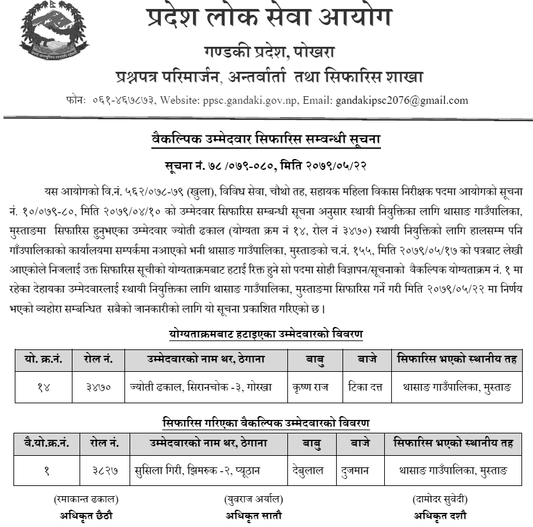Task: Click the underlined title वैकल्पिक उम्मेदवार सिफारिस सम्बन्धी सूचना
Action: (x=266, y=138)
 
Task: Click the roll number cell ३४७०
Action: (x=98, y=387)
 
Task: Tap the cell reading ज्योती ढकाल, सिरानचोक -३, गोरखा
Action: (x=205, y=387)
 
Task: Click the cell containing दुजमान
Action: (x=355, y=471)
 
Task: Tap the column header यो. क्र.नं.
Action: (x=42, y=359)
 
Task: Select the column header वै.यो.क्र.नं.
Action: (x=46, y=442)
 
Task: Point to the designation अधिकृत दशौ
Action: (x=439, y=514)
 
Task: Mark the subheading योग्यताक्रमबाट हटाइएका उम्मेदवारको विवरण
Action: (x=267, y=334)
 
